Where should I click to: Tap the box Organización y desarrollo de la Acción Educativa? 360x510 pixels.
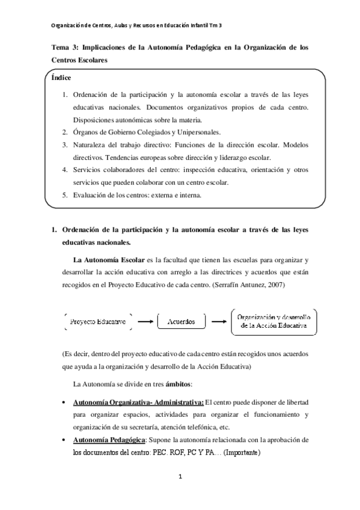point(273,322)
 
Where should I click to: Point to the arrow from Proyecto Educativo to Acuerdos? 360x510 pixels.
point(145,322)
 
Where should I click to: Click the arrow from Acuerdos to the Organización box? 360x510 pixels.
point(216,322)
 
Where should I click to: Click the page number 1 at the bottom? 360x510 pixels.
point(180,478)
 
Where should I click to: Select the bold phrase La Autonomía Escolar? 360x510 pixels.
point(108,260)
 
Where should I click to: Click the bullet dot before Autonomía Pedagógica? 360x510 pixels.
point(64,441)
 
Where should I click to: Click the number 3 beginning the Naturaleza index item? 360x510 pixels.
point(65,145)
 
